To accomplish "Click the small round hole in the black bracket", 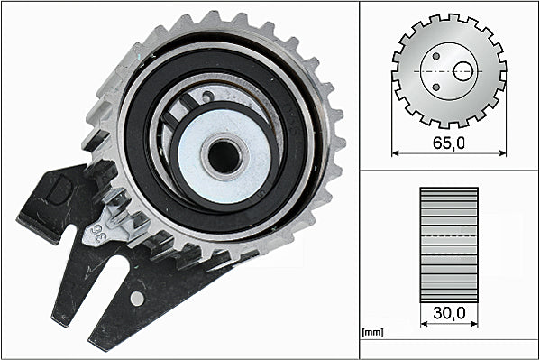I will [x=136, y=298].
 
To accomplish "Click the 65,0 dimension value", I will [x=449, y=142].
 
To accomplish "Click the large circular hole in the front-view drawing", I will [x=463, y=70].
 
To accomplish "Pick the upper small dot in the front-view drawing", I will [x=435, y=54].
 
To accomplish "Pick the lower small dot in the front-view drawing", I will [x=435, y=87].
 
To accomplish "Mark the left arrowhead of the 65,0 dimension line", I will [x=396, y=153].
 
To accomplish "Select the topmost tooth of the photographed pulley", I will [x=214, y=19].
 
